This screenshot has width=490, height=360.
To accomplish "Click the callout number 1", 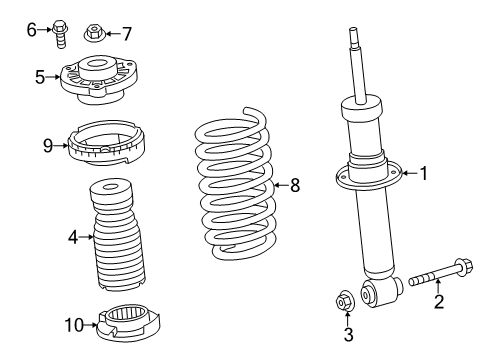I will (x=423, y=174).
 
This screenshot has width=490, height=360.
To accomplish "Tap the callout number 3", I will (x=348, y=335).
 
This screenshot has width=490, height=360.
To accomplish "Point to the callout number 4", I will (x=73, y=237).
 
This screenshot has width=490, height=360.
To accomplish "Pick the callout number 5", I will (x=39, y=76).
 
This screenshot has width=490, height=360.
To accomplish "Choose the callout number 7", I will (x=125, y=33).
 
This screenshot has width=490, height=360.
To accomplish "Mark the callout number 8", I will (x=295, y=183).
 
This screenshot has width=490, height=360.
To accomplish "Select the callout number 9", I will (x=47, y=145).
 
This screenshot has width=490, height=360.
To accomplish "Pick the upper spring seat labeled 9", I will (x=104, y=147).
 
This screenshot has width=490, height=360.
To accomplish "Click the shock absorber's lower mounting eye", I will (x=372, y=293).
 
